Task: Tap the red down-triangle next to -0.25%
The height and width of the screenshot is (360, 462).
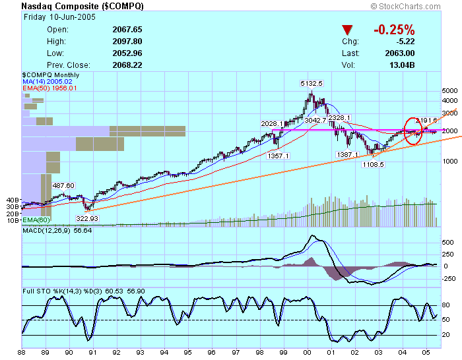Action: (x=348, y=30)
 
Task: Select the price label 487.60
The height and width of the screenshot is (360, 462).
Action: (x=64, y=185)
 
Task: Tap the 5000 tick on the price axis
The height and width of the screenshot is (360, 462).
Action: (x=449, y=90)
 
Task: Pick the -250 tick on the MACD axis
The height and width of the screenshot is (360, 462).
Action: (x=447, y=278)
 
